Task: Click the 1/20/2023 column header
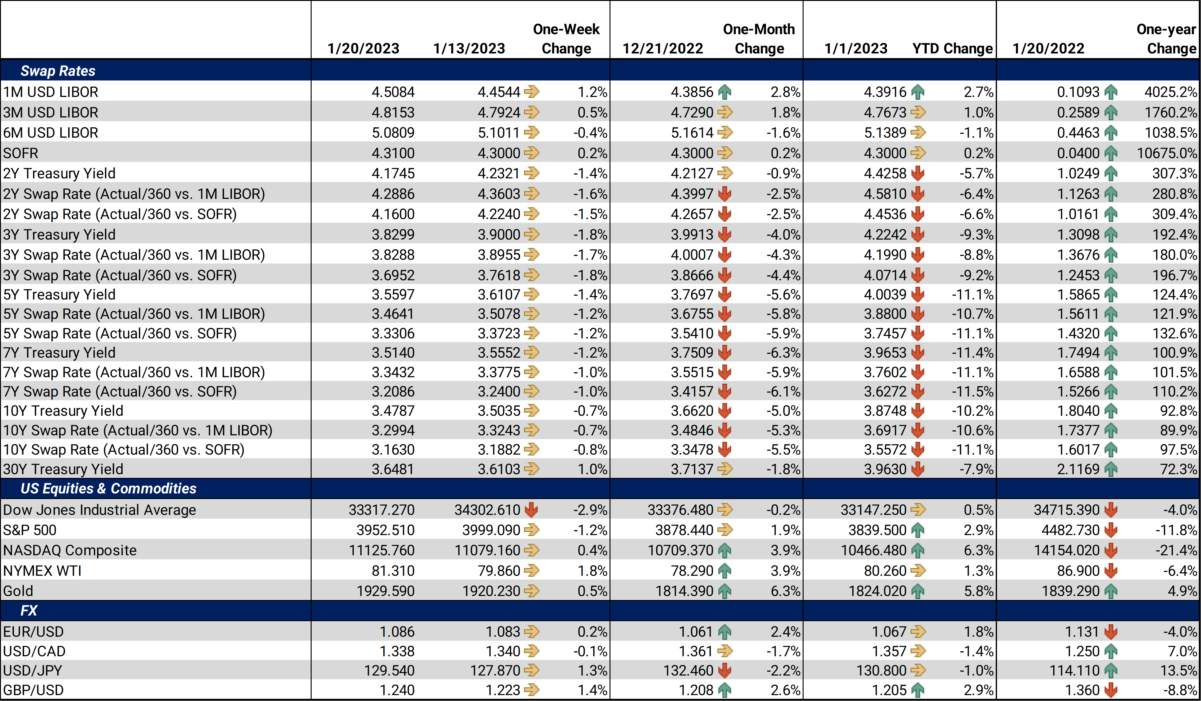tap(363, 48)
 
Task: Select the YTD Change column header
tap(952, 48)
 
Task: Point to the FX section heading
tap(29, 611)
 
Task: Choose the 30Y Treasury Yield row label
tap(63, 470)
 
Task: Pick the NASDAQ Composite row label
tap(70, 551)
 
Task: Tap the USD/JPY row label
tap(32, 671)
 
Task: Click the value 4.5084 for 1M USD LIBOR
tap(393, 92)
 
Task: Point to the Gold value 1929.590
tap(386, 591)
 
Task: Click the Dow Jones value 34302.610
tap(487, 510)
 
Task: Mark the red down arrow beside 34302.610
tap(531, 510)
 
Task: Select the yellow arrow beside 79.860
tap(532, 570)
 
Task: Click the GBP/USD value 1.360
tap(1082, 690)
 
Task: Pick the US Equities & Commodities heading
tap(108, 488)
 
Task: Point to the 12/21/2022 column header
tap(663, 48)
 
